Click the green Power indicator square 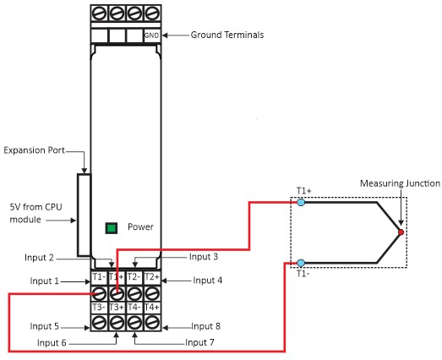pyautogui.click(x=112, y=228)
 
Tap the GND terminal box pyautogui.click(x=152, y=35)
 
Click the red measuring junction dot pyautogui.click(x=401, y=232)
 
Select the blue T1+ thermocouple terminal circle pyautogui.click(x=301, y=202)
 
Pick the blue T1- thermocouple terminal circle pyautogui.click(x=301, y=264)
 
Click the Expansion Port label pyautogui.click(x=34, y=150)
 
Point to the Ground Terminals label pyautogui.click(x=227, y=35)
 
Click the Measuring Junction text pyautogui.click(x=400, y=183)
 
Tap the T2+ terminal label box pyautogui.click(x=152, y=277)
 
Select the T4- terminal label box pyautogui.click(x=134, y=307)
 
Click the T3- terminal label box pyautogui.click(x=99, y=307)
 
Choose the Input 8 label pyautogui.click(x=205, y=326)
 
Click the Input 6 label pyautogui.click(x=52, y=343)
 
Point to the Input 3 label pyautogui.click(x=204, y=257)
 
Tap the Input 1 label pyautogui.click(x=45, y=281)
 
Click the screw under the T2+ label pyautogui.click(x=152, y=293)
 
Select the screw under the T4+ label pyautogui.click(x=152, y=322)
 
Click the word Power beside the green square pyautogui.click(x=140, y=226)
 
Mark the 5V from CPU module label pyautogui.click(x=35, y=213)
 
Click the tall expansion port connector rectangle pyautogui.click(x=84, y=215)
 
